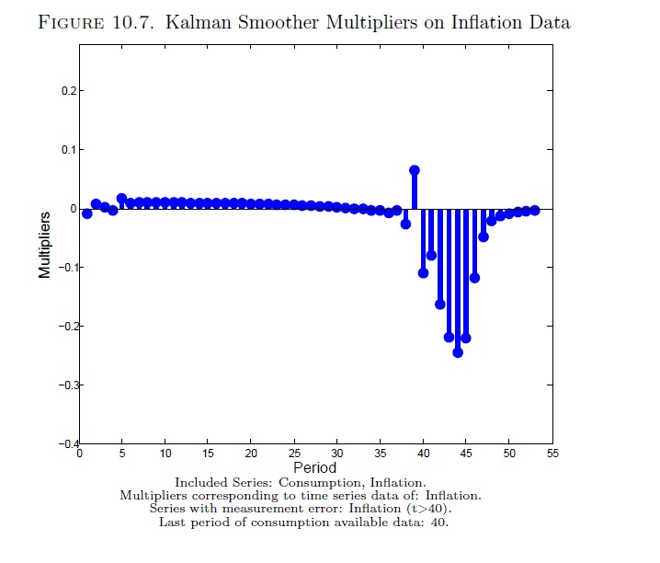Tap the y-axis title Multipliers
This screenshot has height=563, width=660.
click(45, 244)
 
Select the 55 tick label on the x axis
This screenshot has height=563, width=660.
click(552, 454)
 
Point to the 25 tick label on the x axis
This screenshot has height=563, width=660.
click(294, 454)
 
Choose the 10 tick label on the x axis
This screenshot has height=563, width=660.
click(165, 454)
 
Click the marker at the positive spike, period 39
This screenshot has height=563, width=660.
click(415, 170)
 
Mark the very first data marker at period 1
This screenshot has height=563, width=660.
click(87, 213)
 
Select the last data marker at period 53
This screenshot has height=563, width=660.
click(535, 210)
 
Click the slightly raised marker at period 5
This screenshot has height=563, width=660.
click(121, 199)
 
